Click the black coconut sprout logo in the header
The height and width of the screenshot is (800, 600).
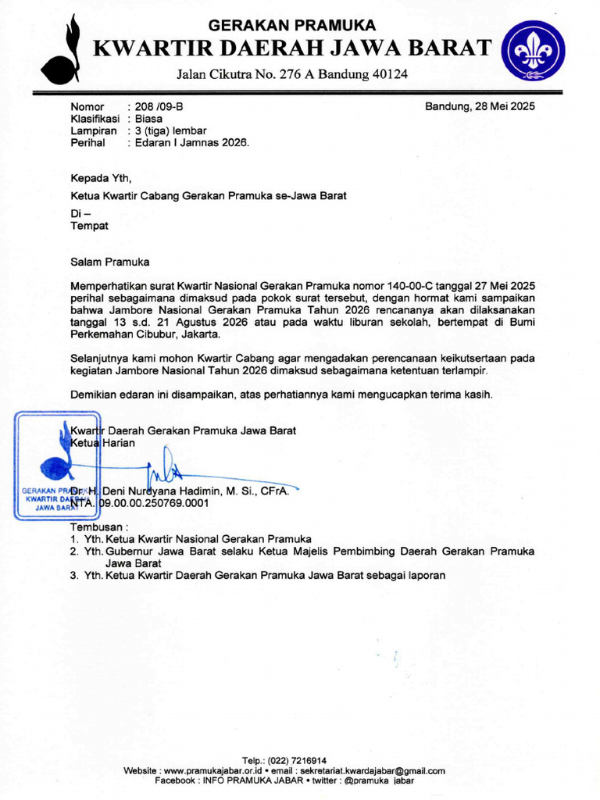click(62, 51)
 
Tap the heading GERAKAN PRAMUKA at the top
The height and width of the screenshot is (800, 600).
click(293, 25)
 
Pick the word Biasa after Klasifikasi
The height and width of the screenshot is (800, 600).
click(148, 119)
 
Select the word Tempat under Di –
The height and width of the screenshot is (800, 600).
click(90, 226)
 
